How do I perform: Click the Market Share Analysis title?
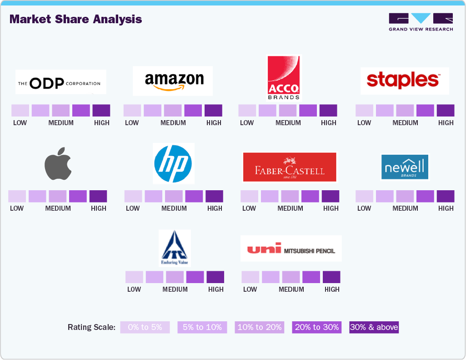coord(75,19)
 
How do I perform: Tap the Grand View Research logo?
coord(421,22)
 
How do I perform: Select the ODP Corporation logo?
coord(60,82)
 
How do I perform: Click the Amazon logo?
coord(173,81)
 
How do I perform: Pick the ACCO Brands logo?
coord(284,78)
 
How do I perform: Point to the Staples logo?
coord(404,81)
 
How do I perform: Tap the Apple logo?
coord(58,165)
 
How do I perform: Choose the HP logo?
coord(173,163)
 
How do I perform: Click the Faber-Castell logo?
coord(290,167)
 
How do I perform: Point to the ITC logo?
coord(175,248)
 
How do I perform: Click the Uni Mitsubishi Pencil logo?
coord(291,248)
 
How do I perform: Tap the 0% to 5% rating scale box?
coord(145,327)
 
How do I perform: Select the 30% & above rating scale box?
coord(374,327)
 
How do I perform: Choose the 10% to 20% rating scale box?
coord(259,327)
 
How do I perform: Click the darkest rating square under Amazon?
coord(213,111)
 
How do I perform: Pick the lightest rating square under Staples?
coord(364,111)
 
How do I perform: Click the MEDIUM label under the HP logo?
coord(174,208)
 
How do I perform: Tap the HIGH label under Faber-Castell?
coord(331,208)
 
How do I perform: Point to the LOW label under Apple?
coord(17,208)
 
